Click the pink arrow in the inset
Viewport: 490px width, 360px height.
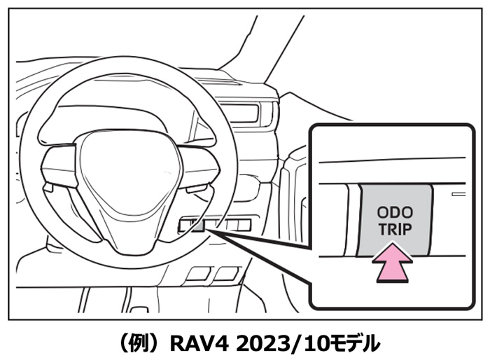pyautogui.click(x=395, y=261)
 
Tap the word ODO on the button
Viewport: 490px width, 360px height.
pyautogui.click(x=395, y=212)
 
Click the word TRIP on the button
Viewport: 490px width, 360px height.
pyautogui.click(x=395, y=228)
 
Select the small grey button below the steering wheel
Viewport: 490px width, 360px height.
pyautogui.click(x=199, y=225)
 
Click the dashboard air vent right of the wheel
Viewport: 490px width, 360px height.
pyautogui.click(x=248, y=112)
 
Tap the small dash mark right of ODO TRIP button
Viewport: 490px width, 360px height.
pyautogui.click(x=458, y=191)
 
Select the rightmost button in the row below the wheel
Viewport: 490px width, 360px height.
pyautogui.click(x=242, y=225)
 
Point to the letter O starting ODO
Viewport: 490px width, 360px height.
pyautogui.click(x=382, y=212)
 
